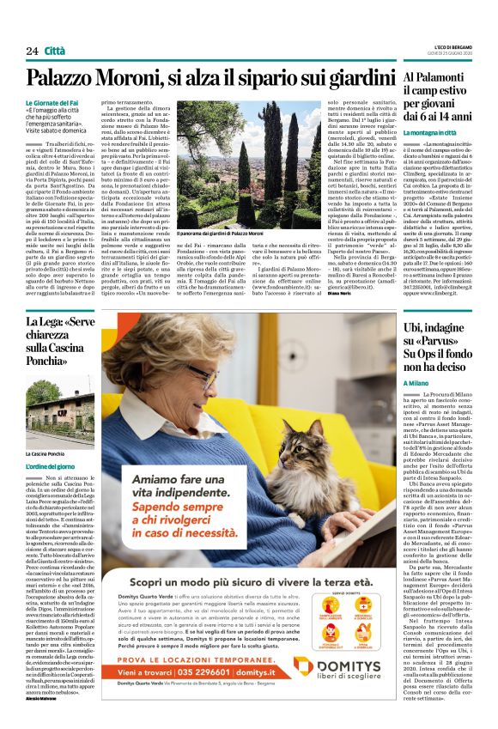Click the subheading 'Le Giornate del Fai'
pyautogui.click(x=74, y=102)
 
